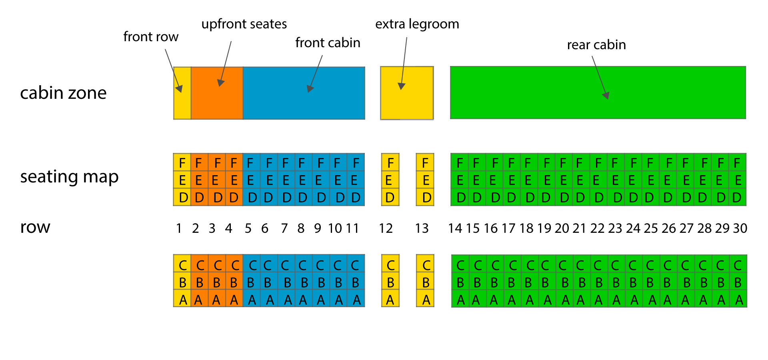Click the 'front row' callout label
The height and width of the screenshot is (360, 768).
coord(150,37)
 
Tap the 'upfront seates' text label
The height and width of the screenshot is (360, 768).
coord(244,24)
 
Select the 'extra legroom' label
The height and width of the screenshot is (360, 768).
coord(417,24)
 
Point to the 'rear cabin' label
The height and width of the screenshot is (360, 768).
coord(596,45)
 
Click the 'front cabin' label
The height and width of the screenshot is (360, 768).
coord(328,43)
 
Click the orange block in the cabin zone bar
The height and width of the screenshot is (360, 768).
coord(217,93)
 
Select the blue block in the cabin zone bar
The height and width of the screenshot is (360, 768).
coord(304,93)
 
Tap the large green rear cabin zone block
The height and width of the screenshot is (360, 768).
coord(598,93)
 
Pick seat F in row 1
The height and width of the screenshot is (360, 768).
coord(182,162)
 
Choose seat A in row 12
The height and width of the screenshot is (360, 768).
coord(390,299)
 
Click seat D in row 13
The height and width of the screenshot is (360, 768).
coord(426,197)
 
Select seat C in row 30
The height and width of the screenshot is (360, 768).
coord(738,265)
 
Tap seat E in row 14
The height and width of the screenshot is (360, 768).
coord(460,180)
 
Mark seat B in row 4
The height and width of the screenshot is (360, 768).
coord(234,282)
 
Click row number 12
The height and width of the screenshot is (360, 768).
coord(386,228)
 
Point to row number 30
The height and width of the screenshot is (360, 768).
coord(740,228)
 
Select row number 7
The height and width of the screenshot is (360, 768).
coord(284,228)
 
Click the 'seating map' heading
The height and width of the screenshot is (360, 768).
coord(69,177)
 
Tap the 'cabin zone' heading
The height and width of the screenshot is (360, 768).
coord(63,93)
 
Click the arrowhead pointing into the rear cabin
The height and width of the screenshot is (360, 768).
coord(606,96)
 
